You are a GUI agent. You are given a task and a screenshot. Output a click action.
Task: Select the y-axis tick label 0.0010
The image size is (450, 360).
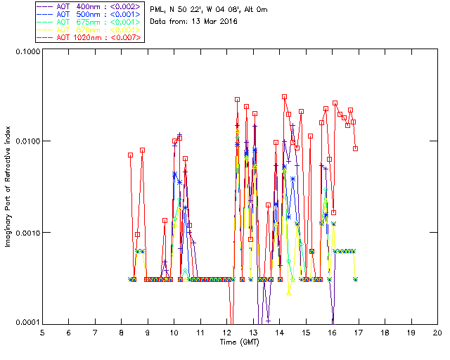click(x=24, y=233)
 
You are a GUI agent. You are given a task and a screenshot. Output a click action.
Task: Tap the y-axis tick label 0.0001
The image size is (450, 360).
click(x=24, y=322)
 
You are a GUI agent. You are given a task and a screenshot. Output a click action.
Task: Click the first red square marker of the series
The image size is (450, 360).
click(x=131, y=155)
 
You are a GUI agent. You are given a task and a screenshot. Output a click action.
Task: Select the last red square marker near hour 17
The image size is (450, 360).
click(x=356, y=148)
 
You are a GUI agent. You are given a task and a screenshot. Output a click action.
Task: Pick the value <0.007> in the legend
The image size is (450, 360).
click(x=127, y=37)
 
